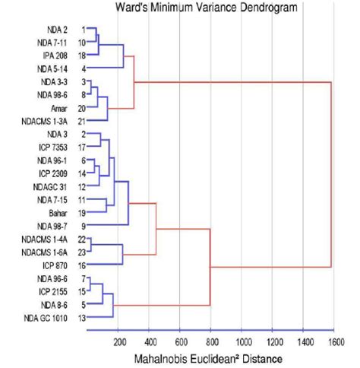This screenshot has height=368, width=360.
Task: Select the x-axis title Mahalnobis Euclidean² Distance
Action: [210, 358]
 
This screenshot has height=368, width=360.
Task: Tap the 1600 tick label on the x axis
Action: [333, 340]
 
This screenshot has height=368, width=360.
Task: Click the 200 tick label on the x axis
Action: [119, 340]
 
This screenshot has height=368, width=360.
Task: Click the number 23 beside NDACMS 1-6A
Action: [81, 252]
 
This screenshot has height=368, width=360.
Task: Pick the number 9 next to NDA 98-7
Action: [81, 226]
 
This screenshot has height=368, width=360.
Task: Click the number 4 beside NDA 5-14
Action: [81, 68]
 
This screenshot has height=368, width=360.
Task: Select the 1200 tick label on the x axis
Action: [272, 340]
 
